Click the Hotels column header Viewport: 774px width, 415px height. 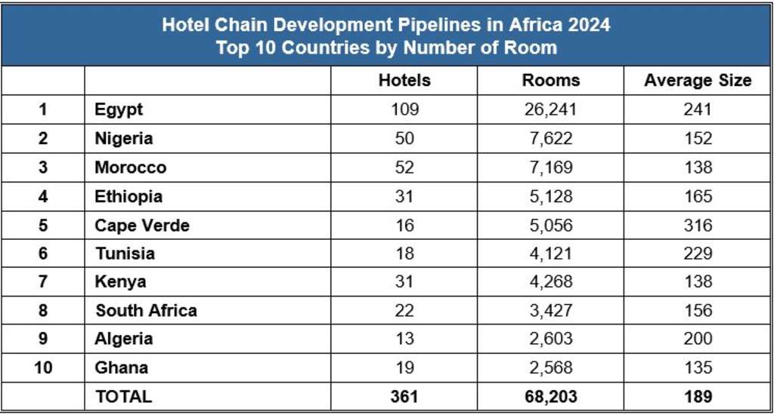point(404,81)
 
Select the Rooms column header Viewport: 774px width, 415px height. point(551,81)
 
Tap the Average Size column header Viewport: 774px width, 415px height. point(697,81)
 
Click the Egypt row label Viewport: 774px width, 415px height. point(119,109)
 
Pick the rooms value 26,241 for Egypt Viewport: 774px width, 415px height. point(551,109)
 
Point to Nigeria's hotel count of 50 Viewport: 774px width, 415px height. point(404,138)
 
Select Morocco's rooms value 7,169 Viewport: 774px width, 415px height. point(551,167)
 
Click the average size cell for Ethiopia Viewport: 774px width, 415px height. point(697,196)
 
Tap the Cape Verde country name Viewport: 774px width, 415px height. point(142,225)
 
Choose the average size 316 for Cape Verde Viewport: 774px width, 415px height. point(697,225)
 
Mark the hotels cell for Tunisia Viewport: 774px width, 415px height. point(404,254)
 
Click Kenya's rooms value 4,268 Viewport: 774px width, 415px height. point(551,281)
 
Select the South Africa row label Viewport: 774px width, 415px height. point(146,310)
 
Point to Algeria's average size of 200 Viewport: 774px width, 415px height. point(697,339)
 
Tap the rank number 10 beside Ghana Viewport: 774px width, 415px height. point(42,367)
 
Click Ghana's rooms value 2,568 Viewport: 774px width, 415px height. point(551,367)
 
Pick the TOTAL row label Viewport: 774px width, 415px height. point(123,396)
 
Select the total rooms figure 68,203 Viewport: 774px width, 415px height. point(551,396)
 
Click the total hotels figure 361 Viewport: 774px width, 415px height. point(404,396)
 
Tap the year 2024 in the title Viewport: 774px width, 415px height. point(586,25)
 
